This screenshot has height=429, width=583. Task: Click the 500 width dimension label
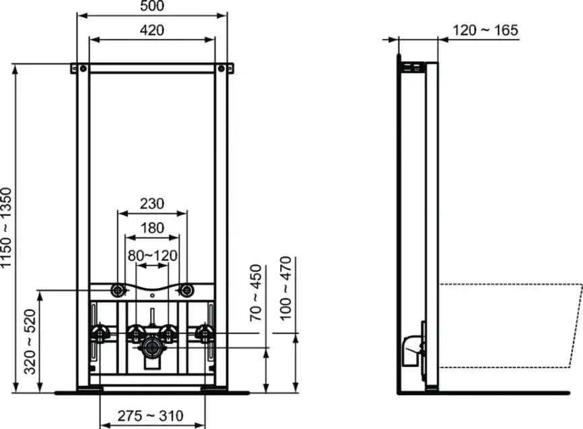pyautogui.click(x=152, y=7)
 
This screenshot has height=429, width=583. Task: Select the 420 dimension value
pyautogui.click(x=152, y=30)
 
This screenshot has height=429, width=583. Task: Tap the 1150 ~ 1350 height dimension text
pyautogui.click(x=7, y=229)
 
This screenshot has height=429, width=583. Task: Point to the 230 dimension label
pyautogui.click(x=152, y=204)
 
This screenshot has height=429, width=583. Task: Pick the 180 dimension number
pyautogui.click(x=152, y=228)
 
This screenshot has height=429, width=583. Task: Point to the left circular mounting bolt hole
pyautogui.click(x=118, y=291)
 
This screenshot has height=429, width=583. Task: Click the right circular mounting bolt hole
pyautogui.click(x=186, y=291)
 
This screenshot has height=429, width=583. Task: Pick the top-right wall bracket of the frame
pyautogui.click(x=225, y=68)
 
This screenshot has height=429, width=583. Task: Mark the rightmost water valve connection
pyautogui.click(x=201, y=333)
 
